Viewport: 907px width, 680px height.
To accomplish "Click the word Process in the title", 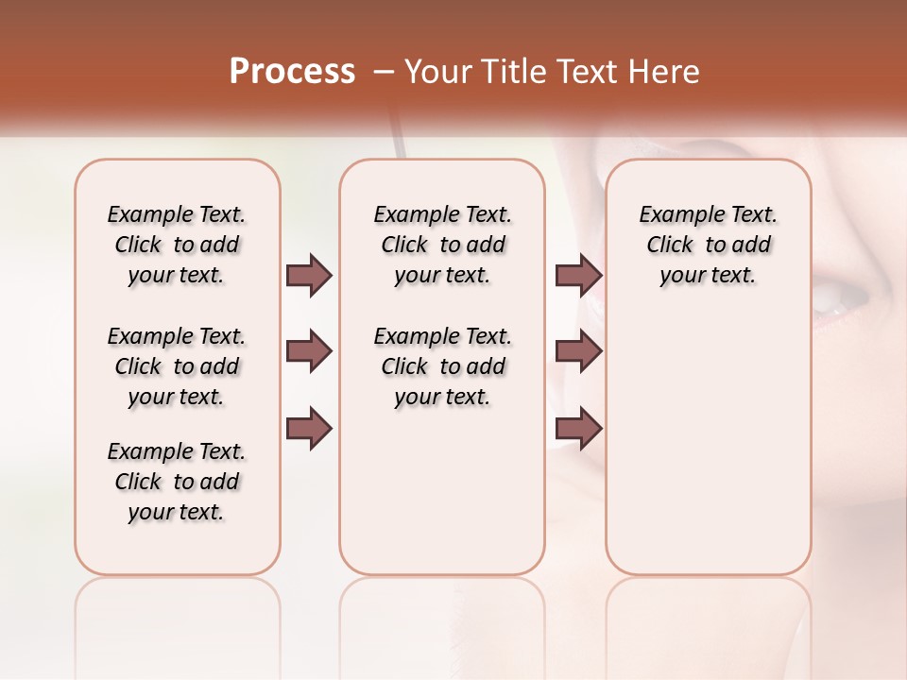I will (x=292, y=72).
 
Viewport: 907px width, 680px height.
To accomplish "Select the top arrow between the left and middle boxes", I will (x=309, y=276).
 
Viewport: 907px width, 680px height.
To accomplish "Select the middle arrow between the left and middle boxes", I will (x=309, y=352).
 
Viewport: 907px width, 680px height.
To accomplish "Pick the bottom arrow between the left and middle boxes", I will (x=309, y=429).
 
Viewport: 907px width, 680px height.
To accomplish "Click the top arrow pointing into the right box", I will (x=578, y=276).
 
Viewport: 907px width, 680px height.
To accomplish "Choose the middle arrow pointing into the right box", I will (x=578, y=352).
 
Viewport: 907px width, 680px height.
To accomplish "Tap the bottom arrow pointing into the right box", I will (x=578, y=429).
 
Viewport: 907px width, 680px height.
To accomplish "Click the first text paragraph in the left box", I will (x=177, y=245).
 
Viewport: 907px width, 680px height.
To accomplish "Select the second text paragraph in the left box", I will (x=177, y=366).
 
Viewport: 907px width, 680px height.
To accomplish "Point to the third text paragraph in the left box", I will (x=177, y=482).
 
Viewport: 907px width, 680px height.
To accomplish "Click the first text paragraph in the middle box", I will (x=442, y=245).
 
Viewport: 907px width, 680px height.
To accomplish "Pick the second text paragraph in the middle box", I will (x=442, y=366).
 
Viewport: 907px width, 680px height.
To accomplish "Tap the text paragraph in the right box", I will (x=708, y=245).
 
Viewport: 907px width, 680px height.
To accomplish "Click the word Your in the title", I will (x=436, y=72).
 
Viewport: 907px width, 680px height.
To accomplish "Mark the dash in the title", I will (x=384, y=72).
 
